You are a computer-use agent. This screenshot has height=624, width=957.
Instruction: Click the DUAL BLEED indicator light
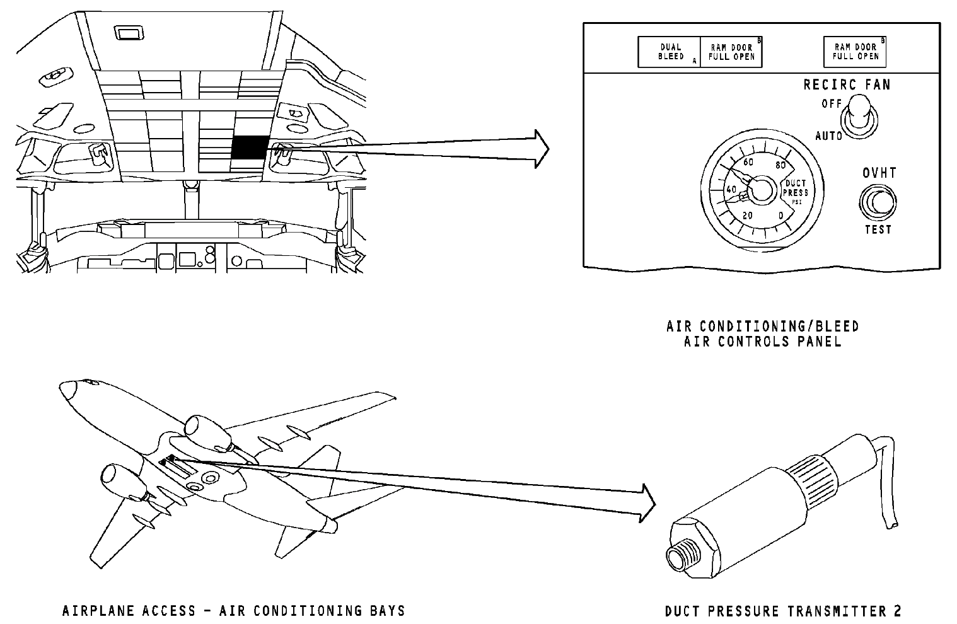point(670,52)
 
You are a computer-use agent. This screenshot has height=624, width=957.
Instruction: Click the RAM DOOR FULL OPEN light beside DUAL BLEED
point(731,52)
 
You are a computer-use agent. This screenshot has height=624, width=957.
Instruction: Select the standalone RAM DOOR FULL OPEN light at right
point(855,52)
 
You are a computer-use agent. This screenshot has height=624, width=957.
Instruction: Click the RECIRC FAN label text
point(846,84)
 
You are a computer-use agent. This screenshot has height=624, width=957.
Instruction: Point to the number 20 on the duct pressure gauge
point(747,216)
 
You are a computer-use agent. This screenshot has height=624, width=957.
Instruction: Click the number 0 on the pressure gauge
point(781,216)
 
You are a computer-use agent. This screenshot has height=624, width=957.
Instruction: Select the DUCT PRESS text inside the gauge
point(795,188)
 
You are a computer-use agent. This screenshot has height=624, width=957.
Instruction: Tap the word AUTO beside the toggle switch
point(828,136)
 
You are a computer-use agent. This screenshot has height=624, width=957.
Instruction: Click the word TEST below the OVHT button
point(878,229)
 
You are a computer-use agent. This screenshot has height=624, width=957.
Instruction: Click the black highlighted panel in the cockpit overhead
point(250,147)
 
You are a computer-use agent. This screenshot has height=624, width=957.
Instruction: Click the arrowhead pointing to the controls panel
point(540,149)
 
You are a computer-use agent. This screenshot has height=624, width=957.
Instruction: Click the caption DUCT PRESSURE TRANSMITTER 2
point(783,611)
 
